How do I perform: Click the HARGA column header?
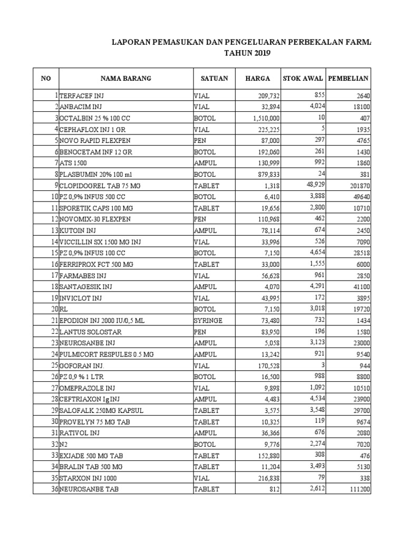258,79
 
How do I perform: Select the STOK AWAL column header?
303,79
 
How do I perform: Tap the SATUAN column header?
214,79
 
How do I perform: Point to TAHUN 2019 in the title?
247,53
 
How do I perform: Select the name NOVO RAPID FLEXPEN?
95,141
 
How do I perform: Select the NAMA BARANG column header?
126,79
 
